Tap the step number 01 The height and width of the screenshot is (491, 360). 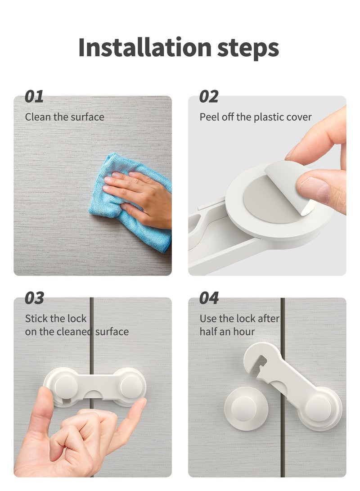(x=34, y=96)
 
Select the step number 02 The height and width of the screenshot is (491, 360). (x=208, y=96)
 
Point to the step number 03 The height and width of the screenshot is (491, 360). (x=34, y=298)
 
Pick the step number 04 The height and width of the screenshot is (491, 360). (x=209, y=298)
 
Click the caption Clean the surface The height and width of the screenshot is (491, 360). (x=64, y=117)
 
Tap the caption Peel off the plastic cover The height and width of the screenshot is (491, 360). (x=256, y=117)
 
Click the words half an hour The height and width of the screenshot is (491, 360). (x=227, y=332)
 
